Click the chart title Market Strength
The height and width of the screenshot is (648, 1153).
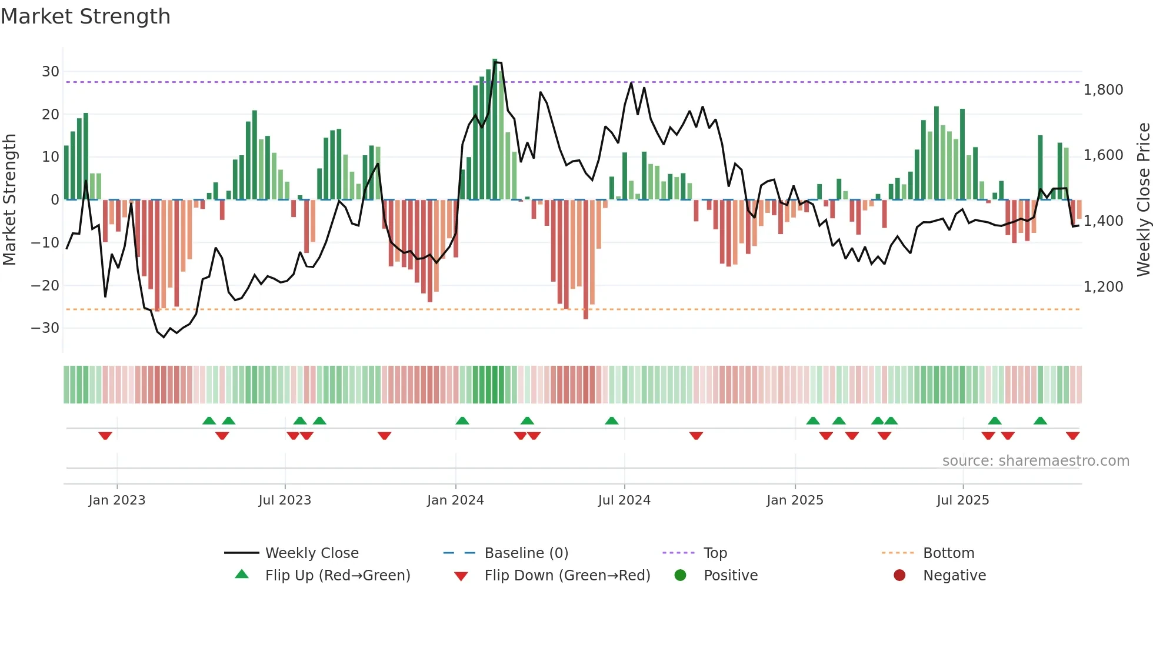[x=85, y=16]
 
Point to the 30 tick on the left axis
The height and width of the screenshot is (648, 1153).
[x=51, y=72]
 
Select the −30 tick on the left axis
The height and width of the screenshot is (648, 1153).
[x=45, y=328]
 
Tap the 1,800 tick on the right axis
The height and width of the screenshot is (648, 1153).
[x=1103, y=90]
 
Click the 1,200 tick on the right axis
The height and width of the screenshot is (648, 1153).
[x=1103, y=287]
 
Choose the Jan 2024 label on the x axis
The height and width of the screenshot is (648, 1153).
[x=455, y=500]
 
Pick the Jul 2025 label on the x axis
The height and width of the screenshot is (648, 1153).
[x=962, y=500]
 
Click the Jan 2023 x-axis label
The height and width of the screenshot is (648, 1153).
[x=116, y=500]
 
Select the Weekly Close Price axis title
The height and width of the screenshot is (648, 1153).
[x=1143, y=200]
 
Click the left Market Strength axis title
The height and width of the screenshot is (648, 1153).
[x=9, y=200]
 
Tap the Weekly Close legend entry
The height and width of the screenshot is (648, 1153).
[x=311, y=553]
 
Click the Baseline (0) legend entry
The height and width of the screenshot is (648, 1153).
[x=526, y=553]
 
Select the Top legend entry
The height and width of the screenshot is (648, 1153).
[x=715, y=553]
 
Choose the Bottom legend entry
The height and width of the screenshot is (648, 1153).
[x=948, y=553]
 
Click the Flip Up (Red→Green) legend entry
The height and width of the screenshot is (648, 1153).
[x=337, y=576]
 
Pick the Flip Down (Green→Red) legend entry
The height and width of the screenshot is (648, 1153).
[x=567, y=576]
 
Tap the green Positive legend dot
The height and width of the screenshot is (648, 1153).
[x=680, y=576]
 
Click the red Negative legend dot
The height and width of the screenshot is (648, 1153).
[x=899, y=576]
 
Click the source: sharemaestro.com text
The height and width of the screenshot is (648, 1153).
[x=1035, y=461]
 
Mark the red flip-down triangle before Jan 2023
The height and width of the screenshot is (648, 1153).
[x=105, y=436]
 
